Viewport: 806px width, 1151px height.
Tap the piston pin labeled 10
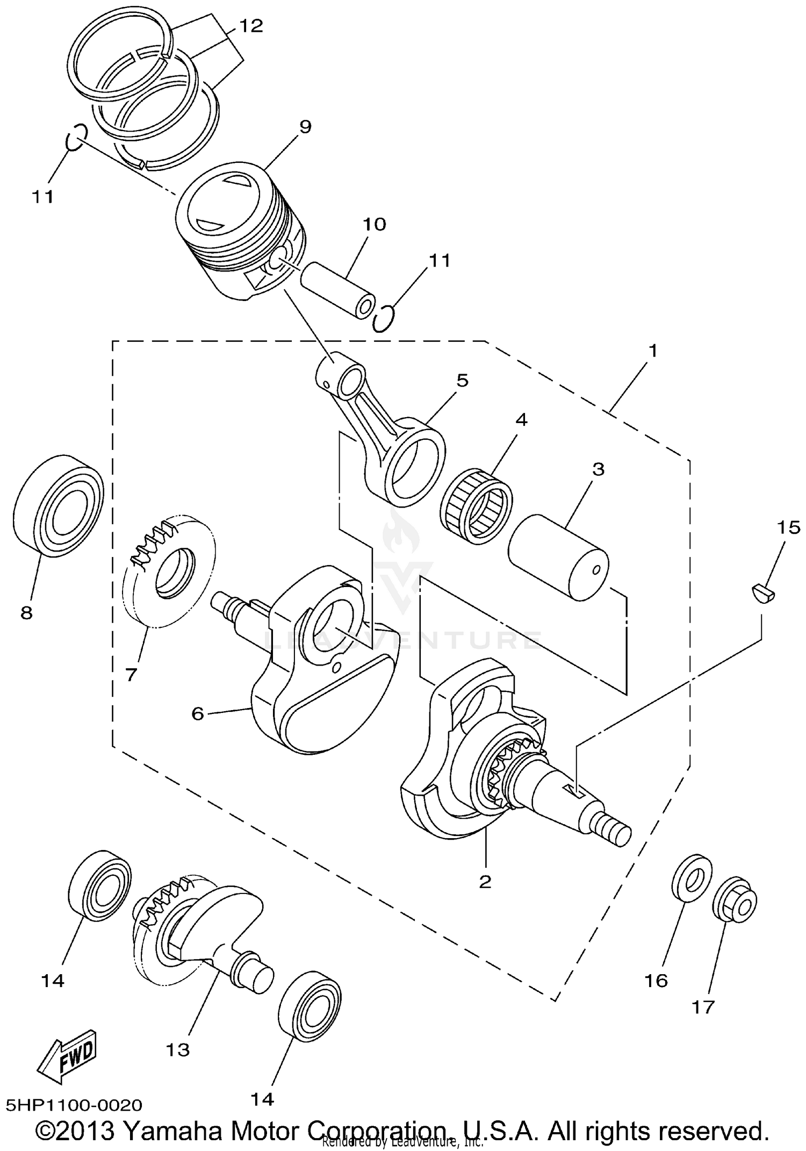coord(337,289)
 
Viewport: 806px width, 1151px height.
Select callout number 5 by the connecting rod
coord(462,381)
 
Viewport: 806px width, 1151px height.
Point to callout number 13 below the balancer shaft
coord(178,1049)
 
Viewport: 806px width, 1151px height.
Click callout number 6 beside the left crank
coord(198,714)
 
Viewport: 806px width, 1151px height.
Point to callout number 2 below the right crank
coord(485,881)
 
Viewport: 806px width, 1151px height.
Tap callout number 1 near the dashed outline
coord(652,351)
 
